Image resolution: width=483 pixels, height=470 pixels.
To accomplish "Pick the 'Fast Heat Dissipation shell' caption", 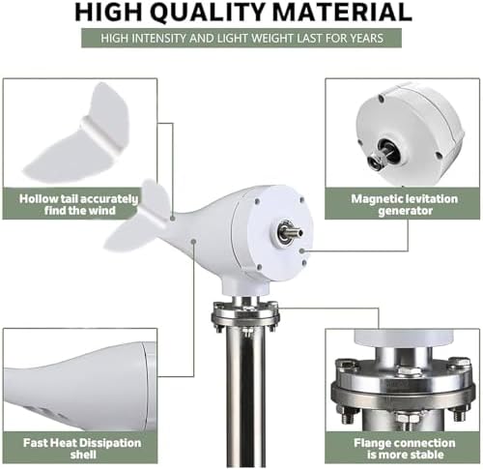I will click(79, 449).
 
